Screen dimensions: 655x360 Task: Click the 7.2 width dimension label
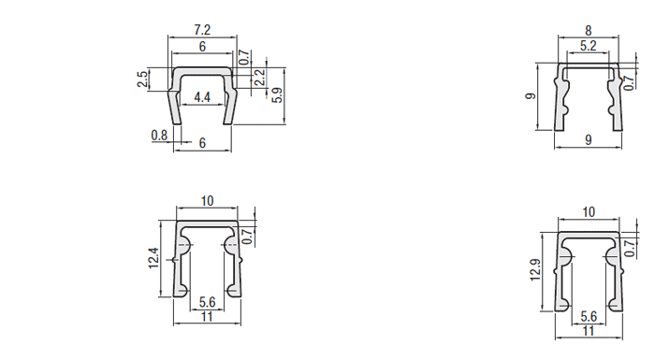coord(202,30)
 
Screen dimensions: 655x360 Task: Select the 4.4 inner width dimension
coord(202,97)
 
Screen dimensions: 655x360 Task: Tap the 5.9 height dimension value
coord(277,95)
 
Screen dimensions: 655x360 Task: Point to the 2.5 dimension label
coord(142,79)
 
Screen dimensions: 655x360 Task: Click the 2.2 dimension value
coord(260,78)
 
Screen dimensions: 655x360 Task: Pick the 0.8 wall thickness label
coord(159,136)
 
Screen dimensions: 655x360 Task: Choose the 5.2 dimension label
coord(589,46)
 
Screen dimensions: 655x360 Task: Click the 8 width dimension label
coord(589,31)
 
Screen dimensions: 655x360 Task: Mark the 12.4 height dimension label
coord(153,258)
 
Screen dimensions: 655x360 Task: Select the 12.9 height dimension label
coord(535,270)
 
